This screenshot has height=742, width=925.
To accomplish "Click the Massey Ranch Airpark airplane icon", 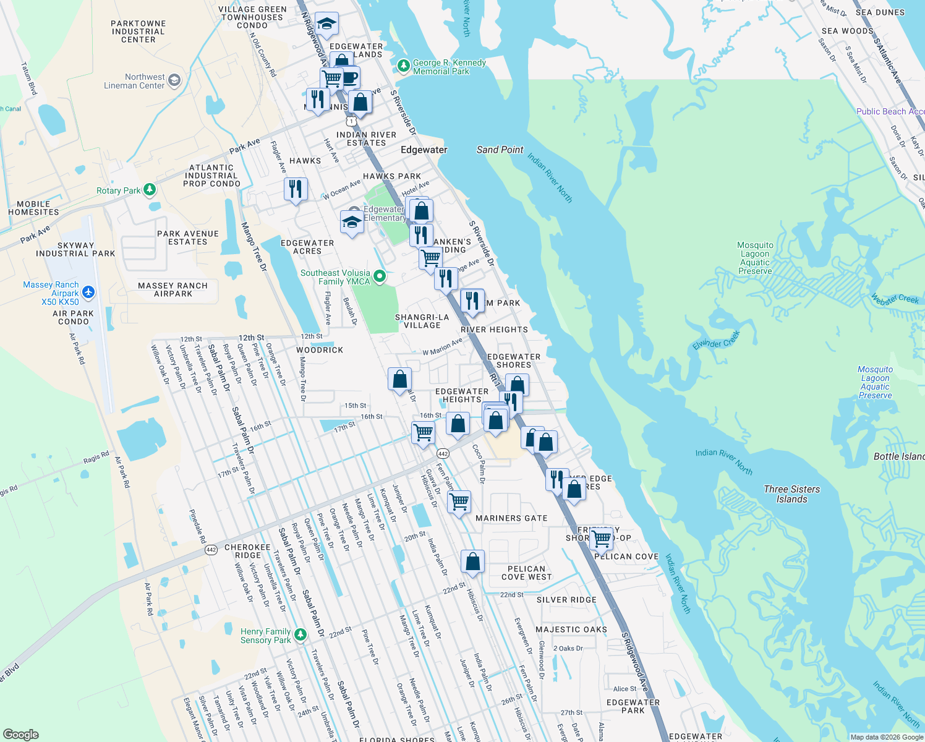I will coord(88,292).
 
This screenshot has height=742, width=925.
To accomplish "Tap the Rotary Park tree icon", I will coord(150,189).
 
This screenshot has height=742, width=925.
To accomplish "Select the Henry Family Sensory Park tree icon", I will coord(301,634).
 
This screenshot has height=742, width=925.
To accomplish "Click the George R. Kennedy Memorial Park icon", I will coord(404,65).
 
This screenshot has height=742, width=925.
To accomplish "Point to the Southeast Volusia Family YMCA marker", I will coord(380,276).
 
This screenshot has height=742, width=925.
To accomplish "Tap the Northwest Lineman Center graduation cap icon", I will coord(174,80).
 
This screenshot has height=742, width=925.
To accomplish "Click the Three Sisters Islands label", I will coord(792,494).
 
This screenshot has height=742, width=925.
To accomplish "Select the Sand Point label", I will coord(500,150).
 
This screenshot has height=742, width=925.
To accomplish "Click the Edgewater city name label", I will coord(424,150).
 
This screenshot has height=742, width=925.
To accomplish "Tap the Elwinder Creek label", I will coord(716,340).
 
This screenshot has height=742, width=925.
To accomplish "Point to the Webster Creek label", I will coord(895,299).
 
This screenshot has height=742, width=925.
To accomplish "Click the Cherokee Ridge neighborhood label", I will coord(247,551).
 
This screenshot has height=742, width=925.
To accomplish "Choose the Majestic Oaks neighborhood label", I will coord(571,629).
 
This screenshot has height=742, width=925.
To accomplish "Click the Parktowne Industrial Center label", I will coord(139,32).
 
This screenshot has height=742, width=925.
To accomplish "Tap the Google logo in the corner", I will coord(20,734).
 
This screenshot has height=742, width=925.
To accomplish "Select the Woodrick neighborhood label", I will coord(320,350).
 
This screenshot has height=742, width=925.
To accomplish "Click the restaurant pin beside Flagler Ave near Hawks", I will coord(296,189).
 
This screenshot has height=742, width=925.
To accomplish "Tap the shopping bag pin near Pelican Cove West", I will coord(473,561).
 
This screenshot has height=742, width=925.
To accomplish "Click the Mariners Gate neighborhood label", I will coord(511,518).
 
